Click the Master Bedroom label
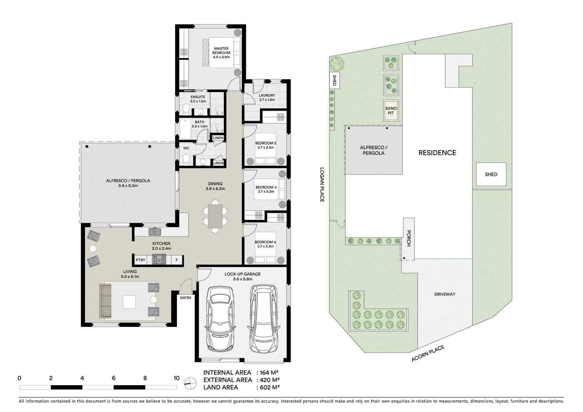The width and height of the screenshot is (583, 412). pos(221,53)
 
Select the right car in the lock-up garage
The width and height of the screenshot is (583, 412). pos(264,320)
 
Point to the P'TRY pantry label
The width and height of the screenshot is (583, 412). pos(140,260)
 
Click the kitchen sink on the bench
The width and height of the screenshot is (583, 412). pos(155,231)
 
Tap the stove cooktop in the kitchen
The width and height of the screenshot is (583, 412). pos(159,260)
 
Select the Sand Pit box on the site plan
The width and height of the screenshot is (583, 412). pos(391,111)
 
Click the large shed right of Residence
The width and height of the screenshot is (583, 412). pos(491,174)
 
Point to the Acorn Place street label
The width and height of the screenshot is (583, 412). pos(428,354)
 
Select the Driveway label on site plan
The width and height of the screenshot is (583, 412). pos(445,294)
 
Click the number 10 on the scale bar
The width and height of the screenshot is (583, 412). pos(176,378)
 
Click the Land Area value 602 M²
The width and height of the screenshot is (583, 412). pos(270,388)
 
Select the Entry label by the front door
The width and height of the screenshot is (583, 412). pos(186,298)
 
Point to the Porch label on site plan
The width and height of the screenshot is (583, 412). pos(408,238)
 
